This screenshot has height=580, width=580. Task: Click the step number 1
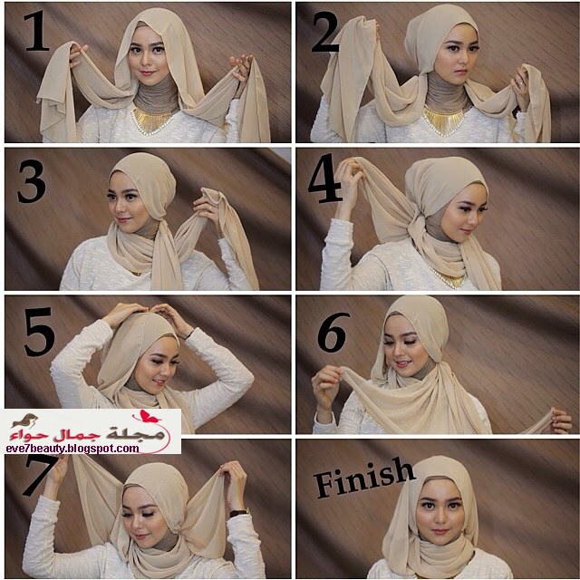37,31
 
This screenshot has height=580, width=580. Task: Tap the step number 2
325,32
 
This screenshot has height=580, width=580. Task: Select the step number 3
32,181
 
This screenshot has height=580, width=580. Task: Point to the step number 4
324,179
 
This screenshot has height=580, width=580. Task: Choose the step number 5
39,332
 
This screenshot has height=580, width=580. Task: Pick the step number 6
333,333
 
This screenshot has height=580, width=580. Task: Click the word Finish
364,478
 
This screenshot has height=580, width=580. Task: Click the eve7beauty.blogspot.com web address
72,449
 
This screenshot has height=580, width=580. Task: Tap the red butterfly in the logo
149,417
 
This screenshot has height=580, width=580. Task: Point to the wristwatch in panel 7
239,513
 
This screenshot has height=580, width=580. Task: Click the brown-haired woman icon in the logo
25,420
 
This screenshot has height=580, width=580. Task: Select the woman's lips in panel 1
147,72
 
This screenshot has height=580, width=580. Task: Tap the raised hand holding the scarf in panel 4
348,177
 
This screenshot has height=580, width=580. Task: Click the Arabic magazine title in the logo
88,433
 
